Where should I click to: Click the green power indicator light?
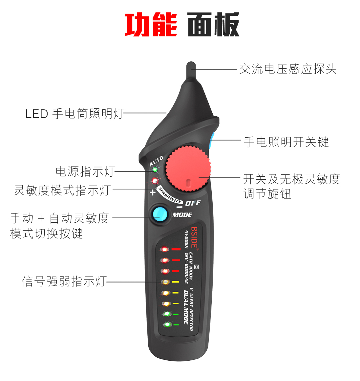pyautogui.click(x=155, y=170)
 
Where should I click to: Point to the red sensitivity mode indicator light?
pyautogui.click(x=155, y=181)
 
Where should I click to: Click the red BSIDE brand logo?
pyautogui.click(x=195, y=237)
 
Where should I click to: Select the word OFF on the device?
pyautogui.click(x=193, y=203)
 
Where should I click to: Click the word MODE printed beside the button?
pyautogui.click(x=182, y=215)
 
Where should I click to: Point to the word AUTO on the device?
pyautogui.click(x=157, y=161)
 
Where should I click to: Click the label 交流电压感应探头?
pyautogui.click(x=288, y=69)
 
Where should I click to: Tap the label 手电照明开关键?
pyautogui.click(x=286, y=142)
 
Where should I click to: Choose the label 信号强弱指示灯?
pyautogui.click(x=64, y=281)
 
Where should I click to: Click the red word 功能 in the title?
pyautogui.click(x=151, y=25)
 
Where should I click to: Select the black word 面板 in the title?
pyautogui.click(x=213, y=25)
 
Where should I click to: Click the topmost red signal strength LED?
pyautogui.click(x=164, y=250)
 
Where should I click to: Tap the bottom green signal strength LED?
pyautogui.click(x=167, y=325)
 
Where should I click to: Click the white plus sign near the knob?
pyautogui.click(x=152, y=192)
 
